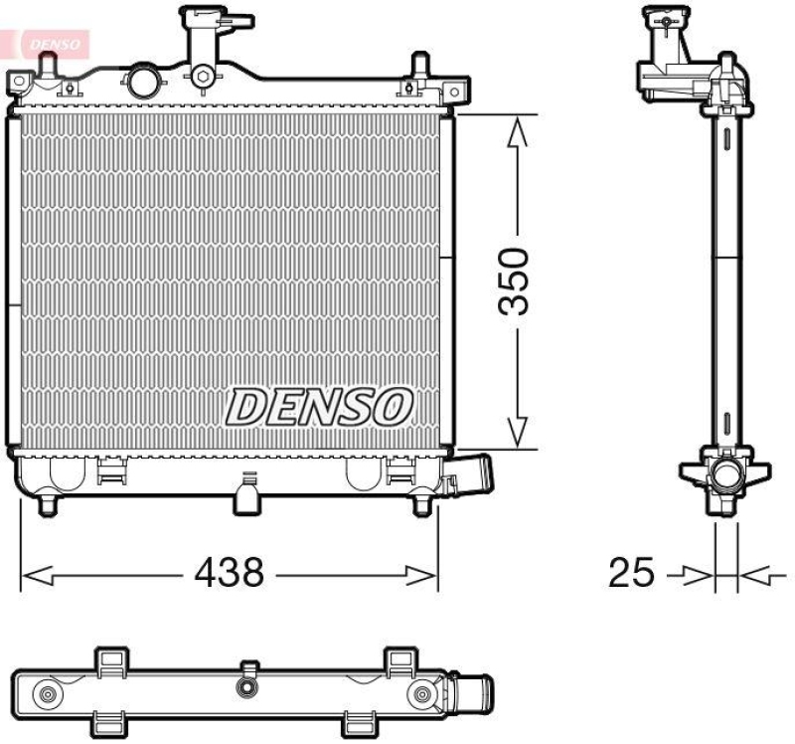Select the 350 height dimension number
pos(516,280)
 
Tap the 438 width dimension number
pos(229,572)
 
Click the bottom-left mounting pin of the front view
pos(46,505)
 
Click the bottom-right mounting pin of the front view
pos(421,505)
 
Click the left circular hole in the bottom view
pos(46,694)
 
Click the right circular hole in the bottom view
pos(422,694)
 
